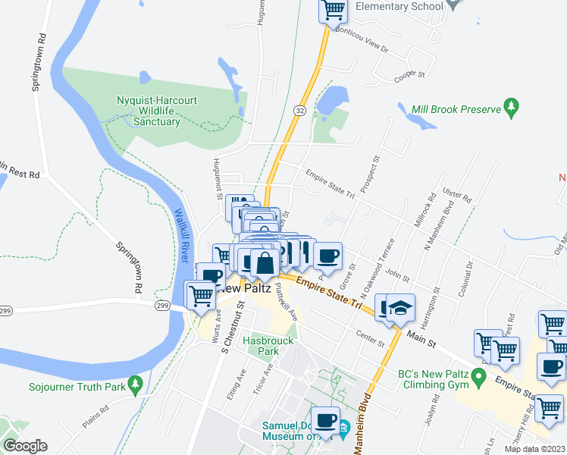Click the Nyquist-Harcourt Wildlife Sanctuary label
click(157, 111)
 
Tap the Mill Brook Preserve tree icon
click(511, 105)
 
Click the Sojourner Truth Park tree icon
click(135, 384)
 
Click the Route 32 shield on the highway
click(301, 111)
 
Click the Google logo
click(25, 446)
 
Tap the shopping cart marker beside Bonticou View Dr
click(333, 9)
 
